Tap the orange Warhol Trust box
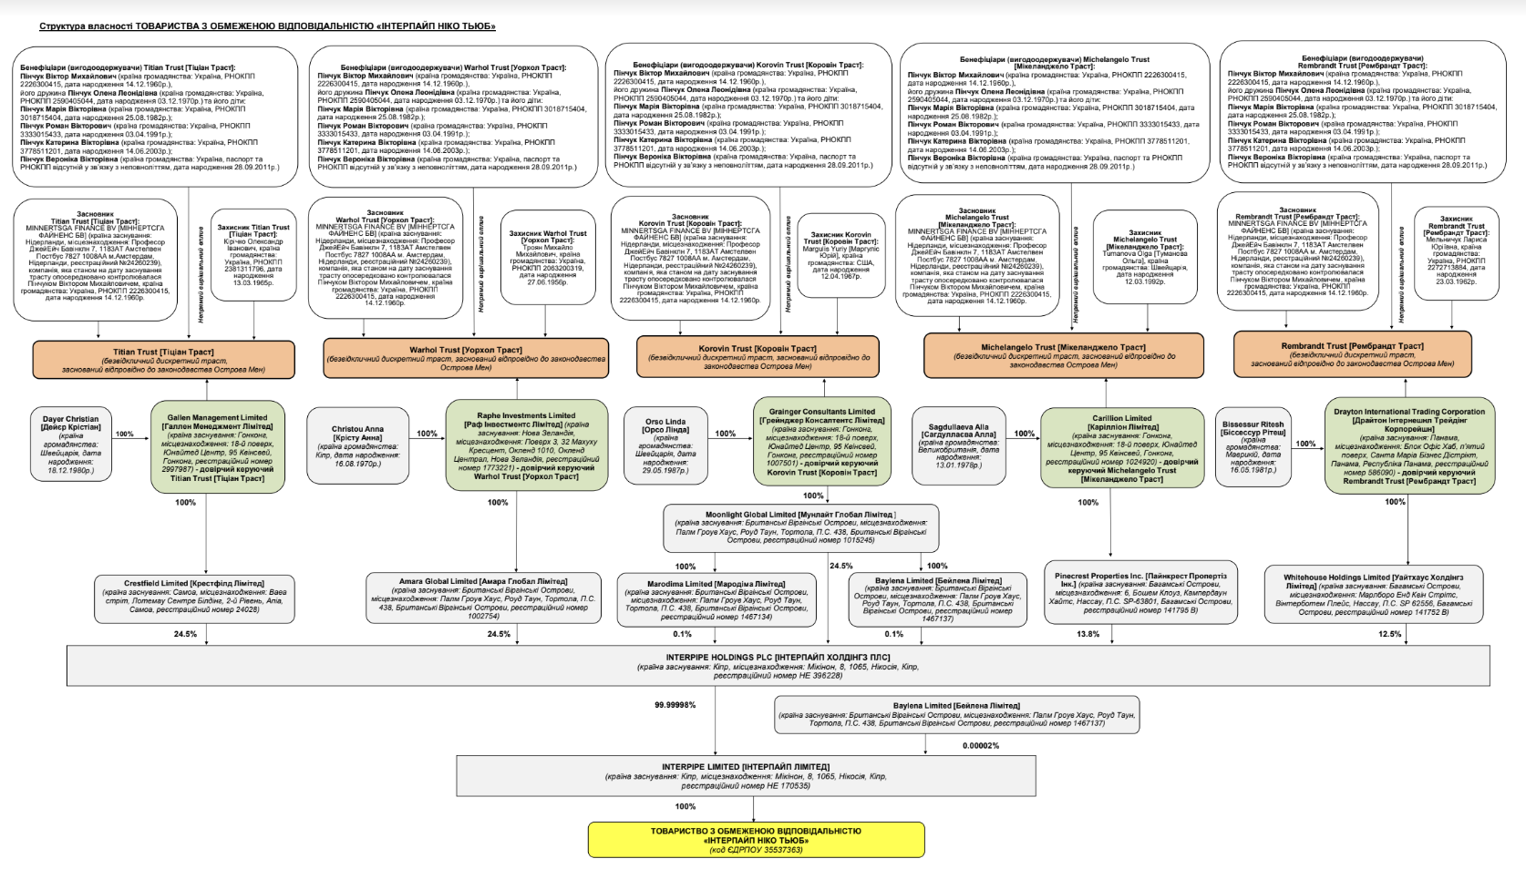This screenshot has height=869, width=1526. (465, 358)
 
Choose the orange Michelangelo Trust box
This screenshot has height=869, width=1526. (1062, 355)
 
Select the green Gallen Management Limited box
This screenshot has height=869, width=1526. (217, 446)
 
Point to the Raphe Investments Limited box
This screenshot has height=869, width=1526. (526, 445)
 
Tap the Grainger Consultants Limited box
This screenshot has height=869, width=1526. (820, 442)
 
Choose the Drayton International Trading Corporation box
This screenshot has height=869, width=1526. (1408, 445)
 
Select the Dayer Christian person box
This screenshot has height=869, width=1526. (71, 445)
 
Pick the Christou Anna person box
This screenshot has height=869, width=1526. (357, 445)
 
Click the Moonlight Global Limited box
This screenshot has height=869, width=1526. (799, 527)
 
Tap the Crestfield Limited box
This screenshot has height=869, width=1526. (193, 596)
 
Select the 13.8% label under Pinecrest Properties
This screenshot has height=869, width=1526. (1088, 634)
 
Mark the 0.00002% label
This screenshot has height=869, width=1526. (980, 745)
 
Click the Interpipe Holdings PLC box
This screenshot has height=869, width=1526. (778, 666)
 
